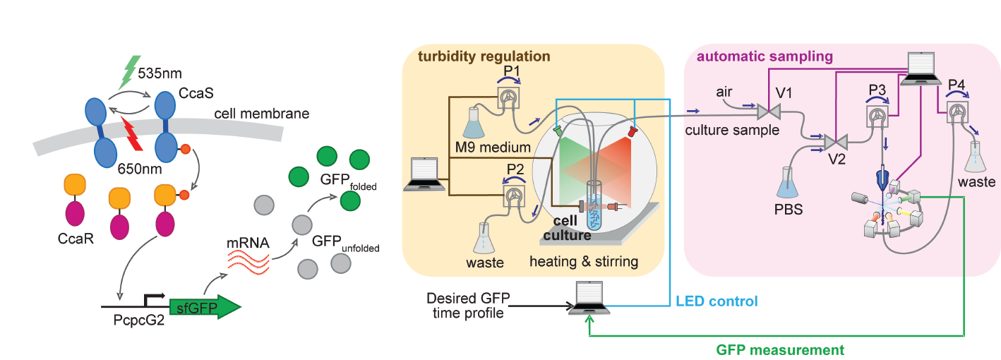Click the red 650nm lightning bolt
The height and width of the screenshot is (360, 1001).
tap(133, 134)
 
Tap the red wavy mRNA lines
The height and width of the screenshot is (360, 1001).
tap(248, 264)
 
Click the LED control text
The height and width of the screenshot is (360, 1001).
tap(717, 301)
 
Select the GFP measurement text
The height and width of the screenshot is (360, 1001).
tap(780, 349)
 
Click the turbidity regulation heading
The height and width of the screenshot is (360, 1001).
tap(484, 56)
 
